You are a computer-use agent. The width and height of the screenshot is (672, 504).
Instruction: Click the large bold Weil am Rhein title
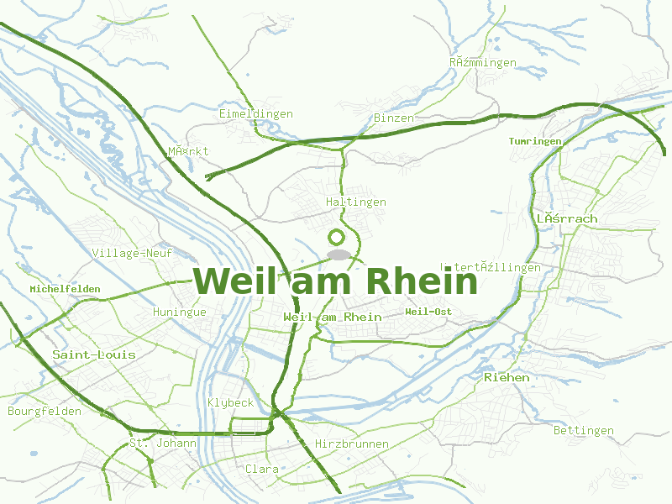tap(336, 281)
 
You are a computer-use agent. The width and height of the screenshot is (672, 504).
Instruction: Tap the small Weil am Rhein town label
tap(333, 317)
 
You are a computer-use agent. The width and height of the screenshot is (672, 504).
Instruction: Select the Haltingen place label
tap(356, 202)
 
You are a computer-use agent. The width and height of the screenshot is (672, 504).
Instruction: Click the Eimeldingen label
tap(255, 113)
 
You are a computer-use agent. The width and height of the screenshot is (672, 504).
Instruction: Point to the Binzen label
tap(394, 118)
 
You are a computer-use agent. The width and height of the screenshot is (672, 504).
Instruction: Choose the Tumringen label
tap(535, 141)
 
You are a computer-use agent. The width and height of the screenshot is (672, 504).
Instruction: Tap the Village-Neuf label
tap(132, 253)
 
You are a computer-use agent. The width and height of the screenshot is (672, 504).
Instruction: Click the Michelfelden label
tap(65, 289)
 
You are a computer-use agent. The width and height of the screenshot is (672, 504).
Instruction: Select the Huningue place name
tap(180, 312)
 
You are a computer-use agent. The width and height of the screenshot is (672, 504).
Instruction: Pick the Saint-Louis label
tap(94, 354)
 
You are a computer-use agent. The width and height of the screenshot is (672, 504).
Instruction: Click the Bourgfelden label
tap(45, 412)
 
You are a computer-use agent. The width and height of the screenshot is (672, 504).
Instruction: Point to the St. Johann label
tap(163, 443)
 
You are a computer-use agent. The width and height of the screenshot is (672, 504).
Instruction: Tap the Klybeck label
tap(231, 403)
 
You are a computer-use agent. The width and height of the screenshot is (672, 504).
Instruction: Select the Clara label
tap(262, 469)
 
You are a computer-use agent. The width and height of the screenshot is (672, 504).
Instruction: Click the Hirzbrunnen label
tap(352, 444)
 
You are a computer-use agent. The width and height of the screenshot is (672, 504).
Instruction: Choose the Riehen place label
tap(507, 378)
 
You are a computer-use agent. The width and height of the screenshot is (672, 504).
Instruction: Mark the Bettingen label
tap(584, 431)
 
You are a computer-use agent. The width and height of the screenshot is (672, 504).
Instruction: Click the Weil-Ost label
tap(428, 312)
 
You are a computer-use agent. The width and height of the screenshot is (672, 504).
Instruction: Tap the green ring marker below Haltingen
tap(339, 238)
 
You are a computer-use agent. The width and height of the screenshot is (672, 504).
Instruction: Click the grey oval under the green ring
tap(339, 255)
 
